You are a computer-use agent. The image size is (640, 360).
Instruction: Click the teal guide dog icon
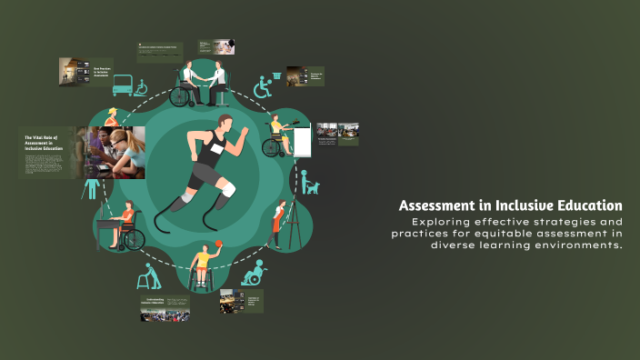[311, 186]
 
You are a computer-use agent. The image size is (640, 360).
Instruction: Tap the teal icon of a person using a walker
[148, 276]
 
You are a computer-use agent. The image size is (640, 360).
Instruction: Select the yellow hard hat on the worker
[111, 112]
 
